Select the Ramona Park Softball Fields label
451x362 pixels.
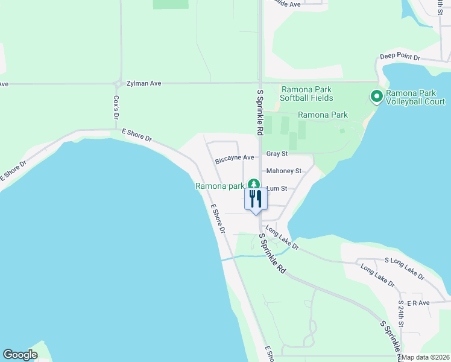(x=307, y=94)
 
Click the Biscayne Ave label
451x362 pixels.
(x=235, y=160)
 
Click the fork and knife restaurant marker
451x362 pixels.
(x=256, y=198)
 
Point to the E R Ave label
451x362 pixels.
(x=418, y=302)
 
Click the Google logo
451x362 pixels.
(x=20, y=354)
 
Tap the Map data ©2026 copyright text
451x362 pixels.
(x=424, y=357)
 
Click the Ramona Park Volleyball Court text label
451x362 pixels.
(x=416, y=98)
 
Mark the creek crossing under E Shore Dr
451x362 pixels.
(x=225, y=259)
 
